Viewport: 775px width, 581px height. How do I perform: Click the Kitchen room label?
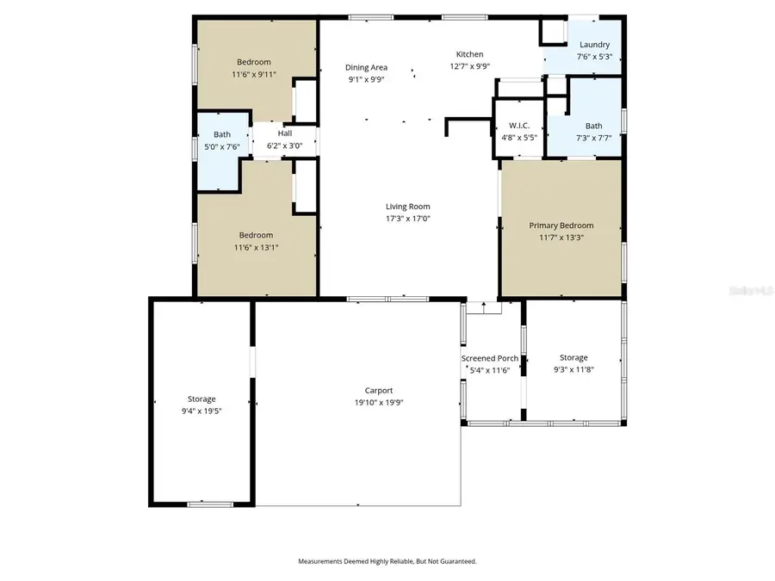click(x=469, y=54)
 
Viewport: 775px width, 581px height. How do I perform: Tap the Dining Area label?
click(x=366, y=67)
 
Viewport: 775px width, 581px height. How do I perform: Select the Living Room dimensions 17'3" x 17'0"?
click(x=407, y=219)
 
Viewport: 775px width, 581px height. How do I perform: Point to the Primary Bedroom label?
click(x=561, y=226)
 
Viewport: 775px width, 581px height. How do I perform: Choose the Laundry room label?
click(x=594, y=45)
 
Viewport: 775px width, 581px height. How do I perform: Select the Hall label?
click(x=284, y=133)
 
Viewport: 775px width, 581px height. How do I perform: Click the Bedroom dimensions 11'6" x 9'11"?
click(x=253, y=74)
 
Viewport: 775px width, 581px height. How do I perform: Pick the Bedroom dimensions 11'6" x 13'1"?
click(x=256, y=247)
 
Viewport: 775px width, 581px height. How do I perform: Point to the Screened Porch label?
click(x=489, y=358)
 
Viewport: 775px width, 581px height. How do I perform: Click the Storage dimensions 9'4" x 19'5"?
click(x=201, y=411)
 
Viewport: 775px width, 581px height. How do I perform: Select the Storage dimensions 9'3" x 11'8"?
click(x=573, y=369)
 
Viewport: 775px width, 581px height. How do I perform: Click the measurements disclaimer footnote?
click(x=387, y=561)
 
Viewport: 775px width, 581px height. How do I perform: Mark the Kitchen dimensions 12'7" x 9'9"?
click(x=469, y=66)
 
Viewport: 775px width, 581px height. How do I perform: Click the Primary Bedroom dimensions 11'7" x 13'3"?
click(x=561, y=238)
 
